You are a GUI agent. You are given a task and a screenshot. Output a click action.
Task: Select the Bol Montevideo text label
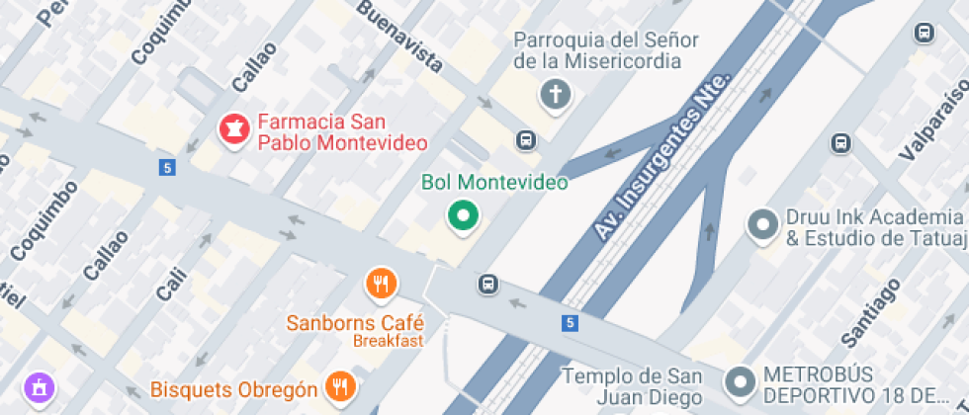point(494,183)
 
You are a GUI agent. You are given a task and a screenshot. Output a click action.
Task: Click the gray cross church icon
point(556,95)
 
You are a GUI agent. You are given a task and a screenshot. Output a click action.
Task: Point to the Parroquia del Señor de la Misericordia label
point(606,50)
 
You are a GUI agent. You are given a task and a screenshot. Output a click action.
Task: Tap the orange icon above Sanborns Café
point(382,285)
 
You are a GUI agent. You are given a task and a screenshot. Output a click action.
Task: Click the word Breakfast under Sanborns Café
point(388,341)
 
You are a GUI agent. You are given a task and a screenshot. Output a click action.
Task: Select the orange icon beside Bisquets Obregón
point(341,387)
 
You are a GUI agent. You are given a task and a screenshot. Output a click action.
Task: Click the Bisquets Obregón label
point(234,389)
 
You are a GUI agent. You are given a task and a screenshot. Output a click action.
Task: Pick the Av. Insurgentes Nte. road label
point(661,156)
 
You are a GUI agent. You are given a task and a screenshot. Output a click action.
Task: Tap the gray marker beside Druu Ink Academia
point(762,225)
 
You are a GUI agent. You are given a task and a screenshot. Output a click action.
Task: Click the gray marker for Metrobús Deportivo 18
point(740,381)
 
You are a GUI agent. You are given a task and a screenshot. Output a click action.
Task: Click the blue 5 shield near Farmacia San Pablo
point(166,168)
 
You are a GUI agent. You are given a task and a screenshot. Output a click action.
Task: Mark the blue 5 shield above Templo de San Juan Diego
point(570,323)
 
